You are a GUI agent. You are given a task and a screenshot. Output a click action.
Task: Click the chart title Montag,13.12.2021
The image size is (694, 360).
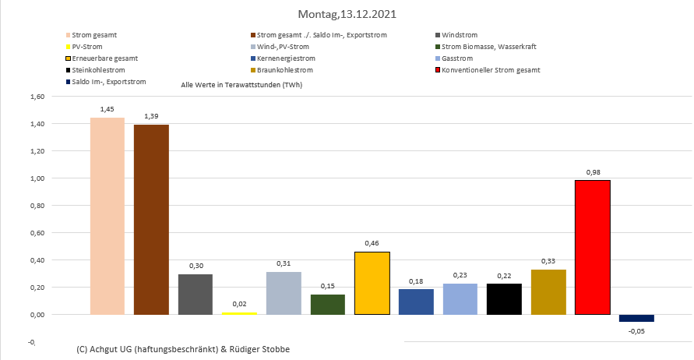point(346,14)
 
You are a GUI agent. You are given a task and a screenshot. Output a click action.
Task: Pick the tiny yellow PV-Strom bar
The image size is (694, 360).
point(240,313)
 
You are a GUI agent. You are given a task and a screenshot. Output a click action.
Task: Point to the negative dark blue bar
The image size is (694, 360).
point(636,318)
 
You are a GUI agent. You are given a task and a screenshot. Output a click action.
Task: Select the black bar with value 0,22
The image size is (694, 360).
point(505,299)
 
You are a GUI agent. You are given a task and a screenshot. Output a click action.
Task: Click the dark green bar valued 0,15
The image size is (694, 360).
point(328,304)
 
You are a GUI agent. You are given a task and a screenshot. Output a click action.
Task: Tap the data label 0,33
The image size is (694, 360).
point(549,261)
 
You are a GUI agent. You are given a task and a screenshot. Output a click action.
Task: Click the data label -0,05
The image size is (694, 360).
point(637,331)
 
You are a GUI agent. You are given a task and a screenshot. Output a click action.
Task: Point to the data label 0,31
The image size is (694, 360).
point(284,263)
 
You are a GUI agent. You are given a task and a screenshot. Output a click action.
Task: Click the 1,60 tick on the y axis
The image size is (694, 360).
point(37,97)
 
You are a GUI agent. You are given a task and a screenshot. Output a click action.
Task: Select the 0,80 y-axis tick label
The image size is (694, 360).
point(37,206)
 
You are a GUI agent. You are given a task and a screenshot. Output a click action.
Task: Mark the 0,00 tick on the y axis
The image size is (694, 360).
point(37,315)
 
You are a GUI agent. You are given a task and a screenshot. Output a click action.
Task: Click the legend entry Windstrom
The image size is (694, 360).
point(459,35)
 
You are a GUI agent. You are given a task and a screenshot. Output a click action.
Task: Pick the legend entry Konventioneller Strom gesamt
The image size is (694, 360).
point(490,70)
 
